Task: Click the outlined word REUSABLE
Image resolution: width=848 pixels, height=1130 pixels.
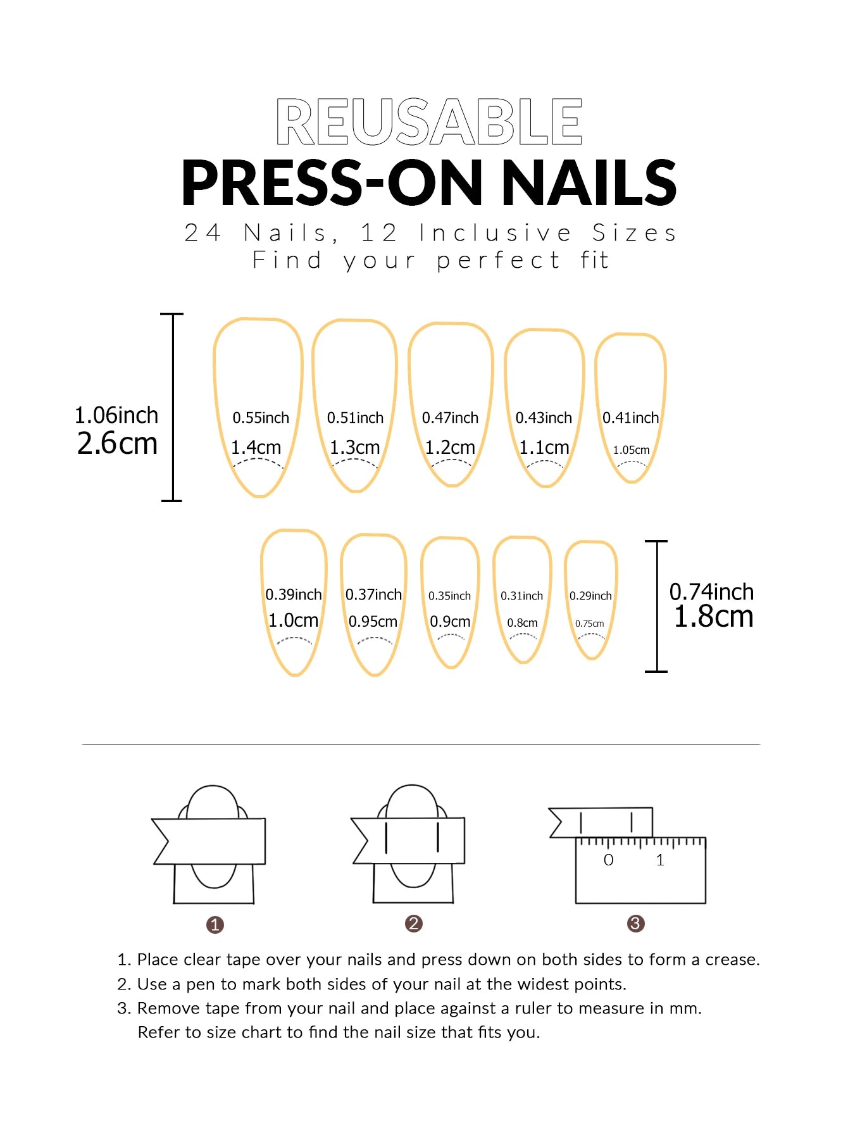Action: click(429, 122)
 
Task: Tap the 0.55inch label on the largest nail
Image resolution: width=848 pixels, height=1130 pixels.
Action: click(260, 418)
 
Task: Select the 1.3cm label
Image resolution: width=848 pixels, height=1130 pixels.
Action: click(354, 448)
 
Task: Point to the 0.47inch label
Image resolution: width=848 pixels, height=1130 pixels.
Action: click(450, 418)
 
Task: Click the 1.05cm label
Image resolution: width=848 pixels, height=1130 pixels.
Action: click(631, 450)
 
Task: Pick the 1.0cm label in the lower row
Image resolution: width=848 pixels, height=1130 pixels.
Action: click(293, 620)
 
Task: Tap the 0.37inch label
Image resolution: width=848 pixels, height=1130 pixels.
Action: click(373, 595)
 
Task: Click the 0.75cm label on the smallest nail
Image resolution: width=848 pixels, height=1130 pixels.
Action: click(589, 624)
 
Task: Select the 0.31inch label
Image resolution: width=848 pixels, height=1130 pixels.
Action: click(521, 596)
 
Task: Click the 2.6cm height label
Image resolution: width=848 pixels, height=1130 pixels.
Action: click(117, 443)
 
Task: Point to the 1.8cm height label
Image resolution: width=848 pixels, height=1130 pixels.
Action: click(713, 617)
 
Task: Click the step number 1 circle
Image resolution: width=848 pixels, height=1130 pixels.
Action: click(215, 925)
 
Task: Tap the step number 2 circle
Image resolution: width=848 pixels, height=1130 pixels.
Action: click(413, 924)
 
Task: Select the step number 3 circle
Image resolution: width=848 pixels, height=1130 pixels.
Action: click(635, 924)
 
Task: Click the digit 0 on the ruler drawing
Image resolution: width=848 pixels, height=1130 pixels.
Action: click(608, 860)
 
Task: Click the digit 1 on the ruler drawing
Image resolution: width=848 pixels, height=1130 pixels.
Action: click(660, 860)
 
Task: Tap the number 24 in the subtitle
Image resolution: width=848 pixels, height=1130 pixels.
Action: click(203, 233)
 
